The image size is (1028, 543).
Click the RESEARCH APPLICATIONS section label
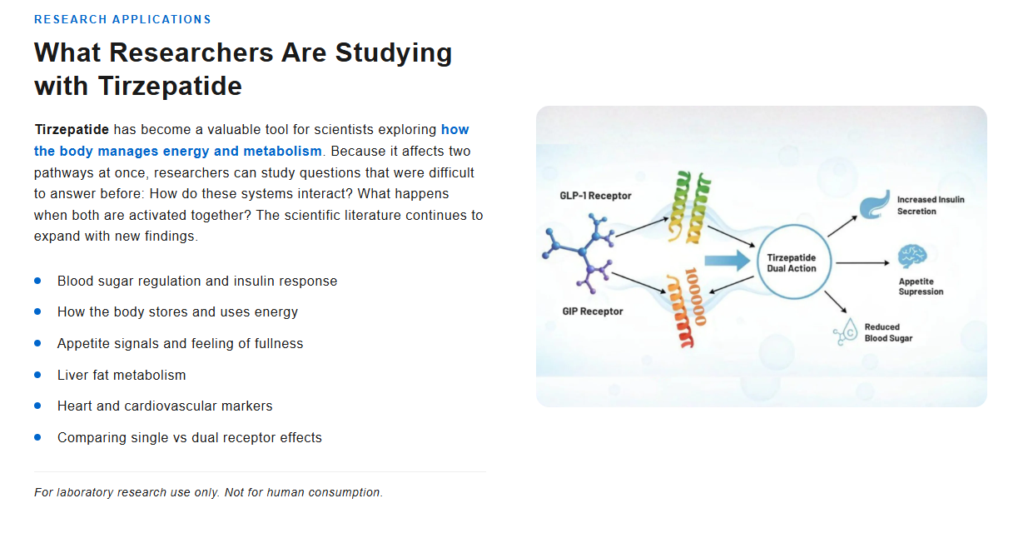[122, 19]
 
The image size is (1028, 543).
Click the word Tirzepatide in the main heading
[170, 86]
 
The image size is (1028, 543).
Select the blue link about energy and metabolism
[177, 151]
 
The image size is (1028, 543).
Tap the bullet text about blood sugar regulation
[197, 281]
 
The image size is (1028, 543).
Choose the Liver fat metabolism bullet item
[122, 376]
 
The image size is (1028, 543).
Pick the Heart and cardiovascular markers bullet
[165, 406]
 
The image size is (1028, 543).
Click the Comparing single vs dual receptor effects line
[189, 438]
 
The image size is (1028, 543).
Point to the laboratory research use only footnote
[208, 492]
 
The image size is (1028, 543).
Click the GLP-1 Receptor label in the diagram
[595, 197]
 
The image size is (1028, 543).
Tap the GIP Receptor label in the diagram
[592, 311]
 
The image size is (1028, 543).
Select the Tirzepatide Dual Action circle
[792, 262]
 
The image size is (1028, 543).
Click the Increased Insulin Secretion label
[930, 206]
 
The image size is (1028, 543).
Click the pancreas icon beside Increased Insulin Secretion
[874, 204]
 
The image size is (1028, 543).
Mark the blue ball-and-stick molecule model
[579, 248]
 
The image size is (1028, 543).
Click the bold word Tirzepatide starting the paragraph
[72, 130]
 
